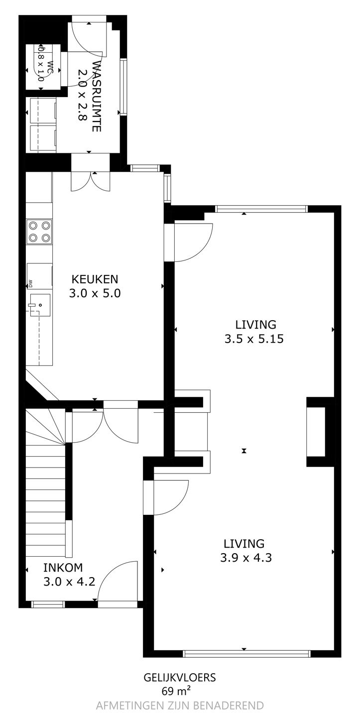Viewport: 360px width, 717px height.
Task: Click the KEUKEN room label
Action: tap(95, 279)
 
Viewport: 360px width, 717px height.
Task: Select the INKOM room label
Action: tap(63, 568)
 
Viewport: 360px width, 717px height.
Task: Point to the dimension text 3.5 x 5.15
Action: tap(254, 339)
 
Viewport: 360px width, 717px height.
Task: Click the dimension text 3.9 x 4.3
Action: tap(246, 558)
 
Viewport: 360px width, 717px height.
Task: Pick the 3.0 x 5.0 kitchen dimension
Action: tap(95, 293)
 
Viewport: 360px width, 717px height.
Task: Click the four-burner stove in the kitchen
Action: tap(39, 232)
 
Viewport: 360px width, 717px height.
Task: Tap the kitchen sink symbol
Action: tap(40, 305)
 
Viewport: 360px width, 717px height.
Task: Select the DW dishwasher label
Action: tap(30, 283)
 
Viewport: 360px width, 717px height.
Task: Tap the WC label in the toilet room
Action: tap(50, 67)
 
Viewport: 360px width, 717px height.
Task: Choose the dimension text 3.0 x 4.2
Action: tap(69, 581)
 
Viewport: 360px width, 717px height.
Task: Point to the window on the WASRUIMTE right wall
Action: tap(123, 87)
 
